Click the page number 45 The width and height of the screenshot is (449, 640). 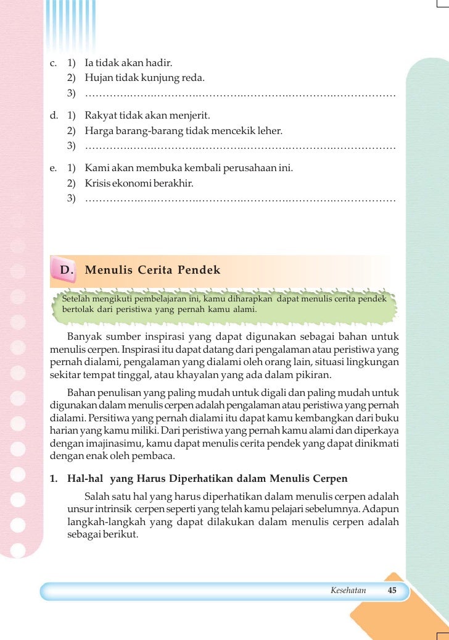coord(392,590)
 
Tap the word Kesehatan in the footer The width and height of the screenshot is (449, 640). coord(348,590)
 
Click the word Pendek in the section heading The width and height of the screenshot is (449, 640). coord(199,270)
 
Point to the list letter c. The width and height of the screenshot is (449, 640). coord(54,63)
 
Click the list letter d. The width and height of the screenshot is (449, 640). coord(54,116)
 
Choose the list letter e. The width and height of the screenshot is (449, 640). coord(54,168)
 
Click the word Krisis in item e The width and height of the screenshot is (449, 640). coord(97,183)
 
